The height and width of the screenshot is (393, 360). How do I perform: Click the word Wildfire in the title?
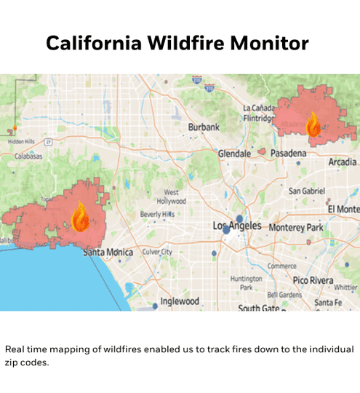(180, 43)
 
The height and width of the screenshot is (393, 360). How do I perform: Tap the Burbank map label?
(204, 127)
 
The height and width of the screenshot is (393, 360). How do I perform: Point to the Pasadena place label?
(289, 154)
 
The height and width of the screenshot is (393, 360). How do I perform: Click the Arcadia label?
(342, 162)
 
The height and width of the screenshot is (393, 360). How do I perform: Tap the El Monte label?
(343, 210)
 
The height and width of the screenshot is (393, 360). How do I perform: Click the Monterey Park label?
(295, 227)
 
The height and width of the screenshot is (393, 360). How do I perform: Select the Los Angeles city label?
(236, 226)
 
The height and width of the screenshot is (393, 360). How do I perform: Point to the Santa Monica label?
(108, 252)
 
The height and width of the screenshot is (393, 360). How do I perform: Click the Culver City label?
(157, 252)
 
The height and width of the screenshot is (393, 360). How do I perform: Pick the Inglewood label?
(179, 301)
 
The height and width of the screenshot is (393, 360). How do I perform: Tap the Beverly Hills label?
(157, 214)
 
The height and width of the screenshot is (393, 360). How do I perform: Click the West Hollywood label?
(171, 196)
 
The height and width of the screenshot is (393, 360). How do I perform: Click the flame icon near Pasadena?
(313, 124)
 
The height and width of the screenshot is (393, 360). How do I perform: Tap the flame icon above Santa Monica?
(80, 216)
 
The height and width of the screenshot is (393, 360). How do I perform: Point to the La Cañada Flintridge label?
(259, 113)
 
